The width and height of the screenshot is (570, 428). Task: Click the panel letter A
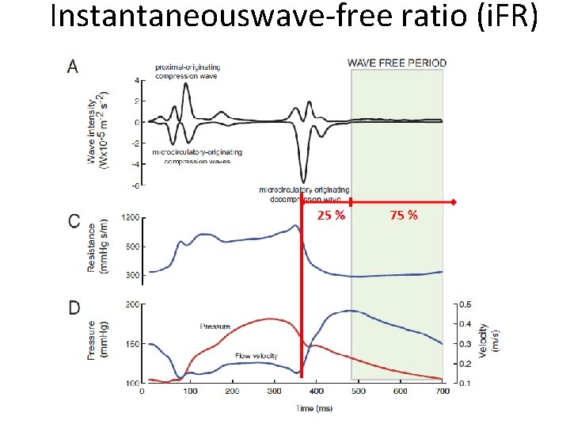(73, 67)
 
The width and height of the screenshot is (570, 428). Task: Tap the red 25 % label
(331, 216)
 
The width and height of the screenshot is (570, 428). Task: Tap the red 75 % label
(404, 216)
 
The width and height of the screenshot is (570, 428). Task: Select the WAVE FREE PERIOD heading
(397, 63)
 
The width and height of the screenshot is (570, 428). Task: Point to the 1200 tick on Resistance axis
(130, 217)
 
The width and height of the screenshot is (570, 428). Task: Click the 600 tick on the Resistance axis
(133, 246)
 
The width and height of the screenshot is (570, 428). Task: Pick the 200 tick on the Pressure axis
(132, 304)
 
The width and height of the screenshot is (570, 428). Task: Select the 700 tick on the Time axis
(443, 391)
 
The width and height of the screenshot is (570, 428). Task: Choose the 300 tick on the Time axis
(274, 391)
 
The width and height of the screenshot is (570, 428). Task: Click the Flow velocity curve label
(255, 356)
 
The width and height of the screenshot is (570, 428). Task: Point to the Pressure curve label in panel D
(215, 326)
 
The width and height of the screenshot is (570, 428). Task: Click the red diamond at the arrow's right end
(454, 203)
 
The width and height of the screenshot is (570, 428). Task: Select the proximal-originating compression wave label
(188, 71)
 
